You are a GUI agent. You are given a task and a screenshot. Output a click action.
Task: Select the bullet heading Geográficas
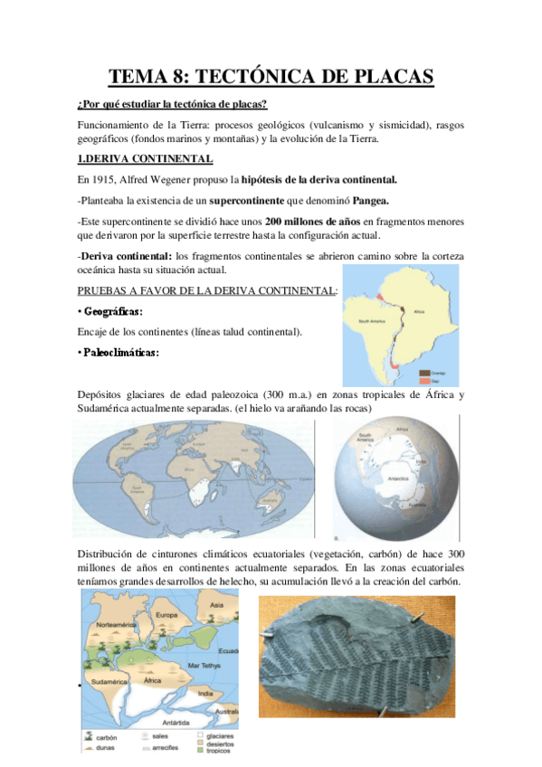(x=114, y=311)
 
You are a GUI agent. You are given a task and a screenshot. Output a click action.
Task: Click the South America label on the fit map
(x=374, y=321)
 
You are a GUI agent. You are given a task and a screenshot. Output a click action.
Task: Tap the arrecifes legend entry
(x=160, y=748)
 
